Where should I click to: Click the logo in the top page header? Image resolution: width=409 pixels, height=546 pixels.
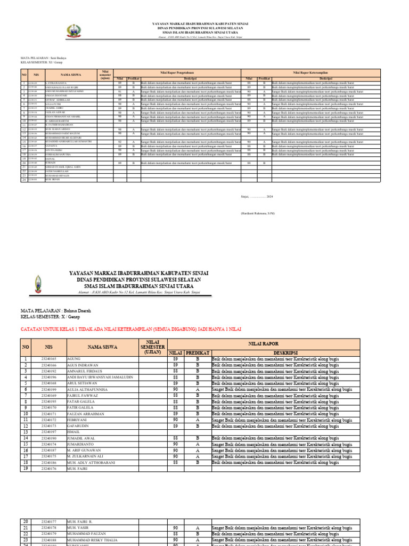74,31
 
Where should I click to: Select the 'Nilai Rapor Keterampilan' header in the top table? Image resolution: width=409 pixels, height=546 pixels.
311,71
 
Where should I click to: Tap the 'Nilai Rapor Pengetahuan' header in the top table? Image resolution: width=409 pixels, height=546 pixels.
177,71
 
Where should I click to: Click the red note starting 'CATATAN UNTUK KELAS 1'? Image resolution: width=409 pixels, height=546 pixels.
130,330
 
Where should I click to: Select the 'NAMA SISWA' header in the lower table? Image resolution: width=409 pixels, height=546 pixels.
102,347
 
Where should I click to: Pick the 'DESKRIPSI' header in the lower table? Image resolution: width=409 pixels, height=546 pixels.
282,353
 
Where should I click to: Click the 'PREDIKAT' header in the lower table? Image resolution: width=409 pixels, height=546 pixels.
198,353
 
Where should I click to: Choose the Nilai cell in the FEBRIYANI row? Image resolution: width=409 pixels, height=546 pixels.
175,420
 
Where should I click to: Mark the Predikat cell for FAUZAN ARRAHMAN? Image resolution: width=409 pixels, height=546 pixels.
198,414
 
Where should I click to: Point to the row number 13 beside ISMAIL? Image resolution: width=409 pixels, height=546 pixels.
25,432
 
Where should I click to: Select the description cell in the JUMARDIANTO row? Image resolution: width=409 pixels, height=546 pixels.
282,444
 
